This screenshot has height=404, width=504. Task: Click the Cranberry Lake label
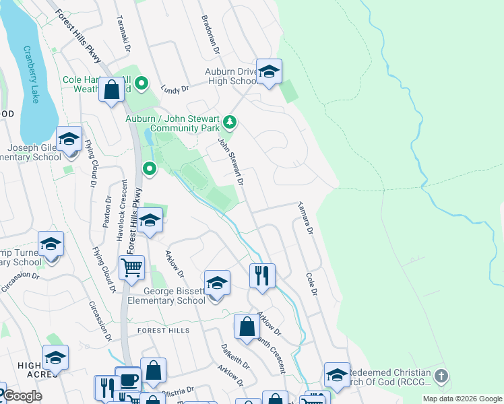pyautogui.click(x=32, y=74)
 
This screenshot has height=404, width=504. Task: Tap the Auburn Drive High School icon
pyautogui.click(x=269, y=72)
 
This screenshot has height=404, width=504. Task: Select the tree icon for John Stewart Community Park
pyautogui.click(x=230, y=122)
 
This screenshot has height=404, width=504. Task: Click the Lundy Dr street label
pyautogui.click(x=175, y=88)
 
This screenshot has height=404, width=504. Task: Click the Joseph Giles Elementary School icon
pyautogui.click(x=69, y=139)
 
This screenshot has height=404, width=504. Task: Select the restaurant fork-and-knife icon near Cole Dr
pyautogui.click(x=262, y=275)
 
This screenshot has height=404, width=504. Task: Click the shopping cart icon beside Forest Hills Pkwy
pyautogui.click(x=131, y=267)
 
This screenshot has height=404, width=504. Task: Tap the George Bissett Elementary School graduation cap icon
pyautogui.click(x=217, y=283)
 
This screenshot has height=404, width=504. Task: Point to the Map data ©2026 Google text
pyautogui.click(x=462, y=399)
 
